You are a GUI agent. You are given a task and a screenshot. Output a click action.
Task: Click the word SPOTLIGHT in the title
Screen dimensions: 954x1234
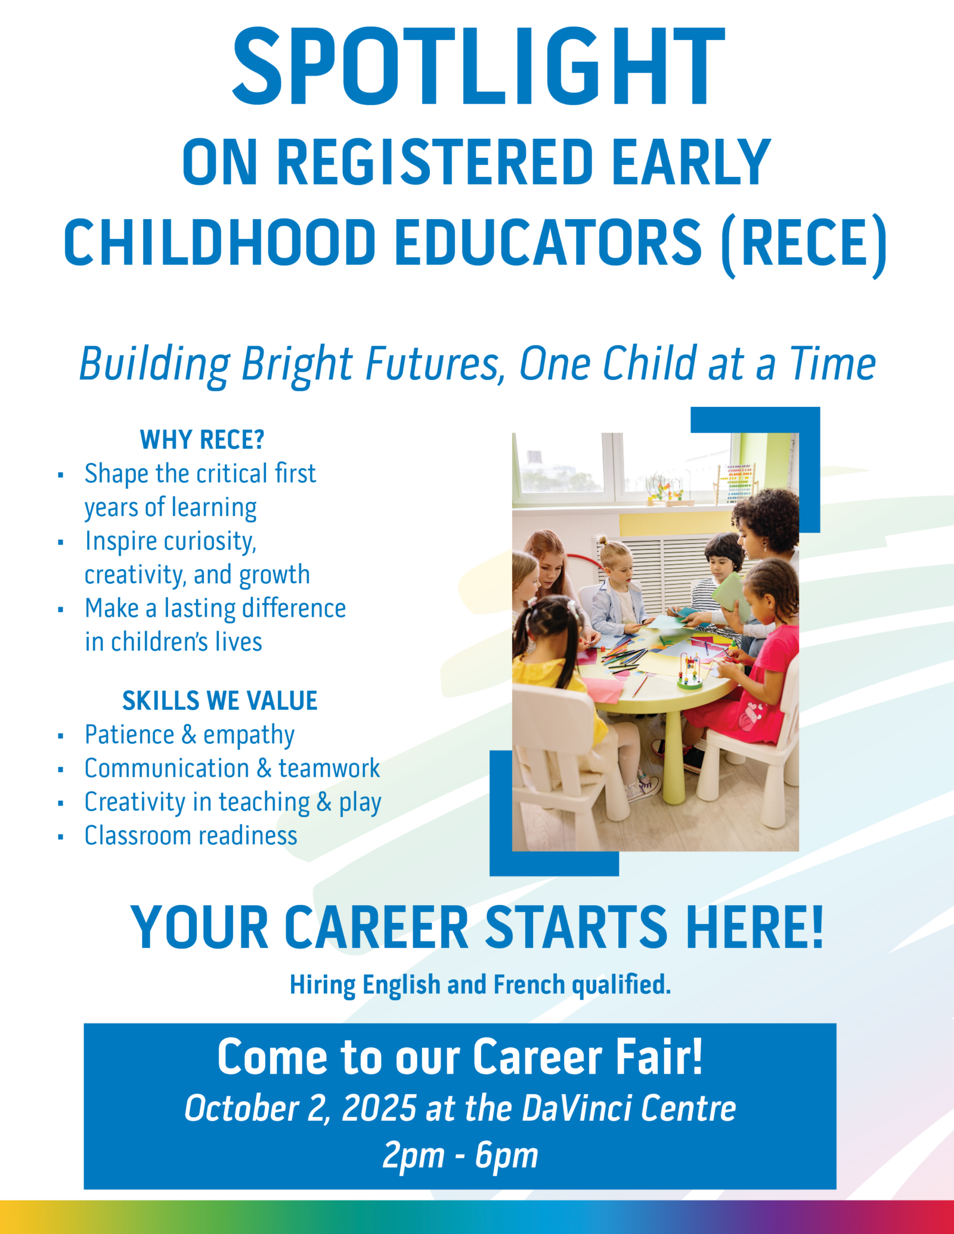coord(478,67)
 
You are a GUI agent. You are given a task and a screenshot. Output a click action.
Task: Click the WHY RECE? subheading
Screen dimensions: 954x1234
coord(202,440)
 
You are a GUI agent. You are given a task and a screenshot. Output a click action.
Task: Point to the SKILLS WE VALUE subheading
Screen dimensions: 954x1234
coord(219,701)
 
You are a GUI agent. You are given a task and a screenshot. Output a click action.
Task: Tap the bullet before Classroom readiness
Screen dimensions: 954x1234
coord(61,837)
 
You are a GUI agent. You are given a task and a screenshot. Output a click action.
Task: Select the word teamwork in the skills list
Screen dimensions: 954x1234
coord(329,768)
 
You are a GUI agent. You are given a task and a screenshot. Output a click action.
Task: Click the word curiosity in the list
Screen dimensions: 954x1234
coord(210,542)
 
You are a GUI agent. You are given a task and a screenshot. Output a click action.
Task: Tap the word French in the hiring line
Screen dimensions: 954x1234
coord(529,984)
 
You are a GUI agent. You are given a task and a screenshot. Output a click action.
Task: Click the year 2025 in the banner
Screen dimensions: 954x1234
coord(379,1108)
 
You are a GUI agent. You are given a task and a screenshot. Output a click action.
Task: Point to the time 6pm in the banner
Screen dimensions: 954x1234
coord(507,1157)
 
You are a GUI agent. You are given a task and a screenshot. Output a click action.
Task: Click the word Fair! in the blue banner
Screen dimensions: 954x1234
coord(659,1057)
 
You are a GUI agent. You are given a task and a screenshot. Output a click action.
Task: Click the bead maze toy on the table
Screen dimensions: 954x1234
coord(690,672)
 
